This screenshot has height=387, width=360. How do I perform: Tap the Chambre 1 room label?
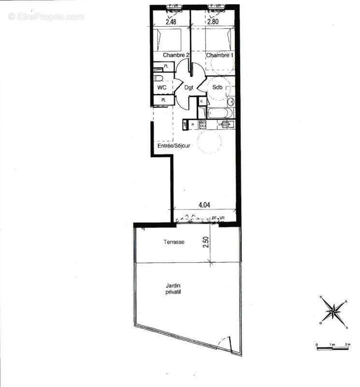pos(220,56)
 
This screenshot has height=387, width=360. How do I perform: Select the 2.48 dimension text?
pos(171,21)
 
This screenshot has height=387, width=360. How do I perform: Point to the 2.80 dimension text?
pos(213,21)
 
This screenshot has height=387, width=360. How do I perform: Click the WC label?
pos(162,88)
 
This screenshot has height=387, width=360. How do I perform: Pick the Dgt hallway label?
pos(189,88)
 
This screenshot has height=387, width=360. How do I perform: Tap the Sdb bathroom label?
pos(217,88)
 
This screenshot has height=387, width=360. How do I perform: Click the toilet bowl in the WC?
pos(158,78)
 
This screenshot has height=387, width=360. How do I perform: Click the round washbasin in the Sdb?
pos(231,102)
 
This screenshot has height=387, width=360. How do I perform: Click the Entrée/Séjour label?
pos(174,146)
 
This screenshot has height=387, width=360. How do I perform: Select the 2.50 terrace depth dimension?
pos(206,242)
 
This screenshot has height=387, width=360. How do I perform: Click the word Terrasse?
pos(173,242)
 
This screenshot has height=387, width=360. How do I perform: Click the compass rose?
pos(333,312)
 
